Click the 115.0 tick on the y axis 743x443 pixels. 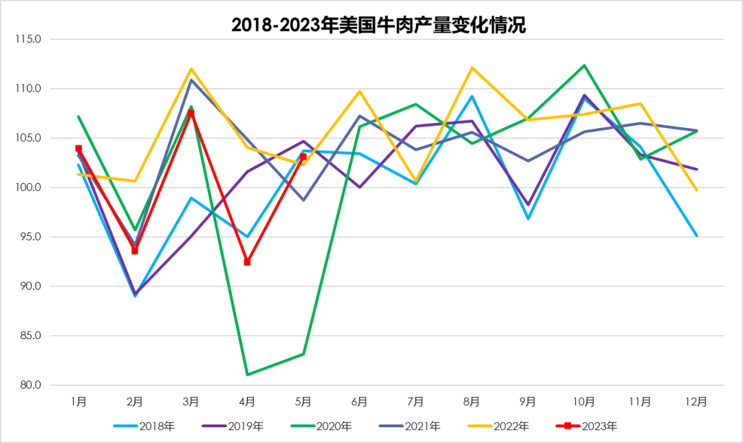28,39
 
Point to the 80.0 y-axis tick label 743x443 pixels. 30,385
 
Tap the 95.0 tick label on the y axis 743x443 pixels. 30,237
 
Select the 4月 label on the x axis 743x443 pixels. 247,400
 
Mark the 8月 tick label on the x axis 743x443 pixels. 472,400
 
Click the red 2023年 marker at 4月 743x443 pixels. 247,262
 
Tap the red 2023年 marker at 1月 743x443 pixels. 78,149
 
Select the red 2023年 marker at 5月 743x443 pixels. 303,157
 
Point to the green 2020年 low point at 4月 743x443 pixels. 247,374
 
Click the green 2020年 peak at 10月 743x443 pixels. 584,65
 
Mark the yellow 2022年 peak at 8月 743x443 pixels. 472,67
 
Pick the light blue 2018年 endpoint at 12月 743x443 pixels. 696,235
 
